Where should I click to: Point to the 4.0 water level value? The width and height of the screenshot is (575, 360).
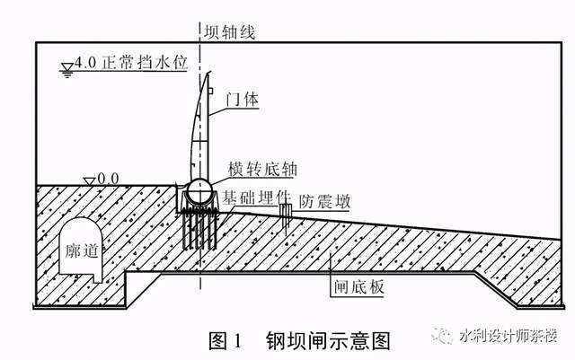[x=85, y=66]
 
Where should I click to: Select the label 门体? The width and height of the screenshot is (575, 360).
[x=244, y=101]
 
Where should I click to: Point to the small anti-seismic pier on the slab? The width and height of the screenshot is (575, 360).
[x=287, y=215]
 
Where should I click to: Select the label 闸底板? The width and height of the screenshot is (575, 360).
[x=351, y=290]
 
